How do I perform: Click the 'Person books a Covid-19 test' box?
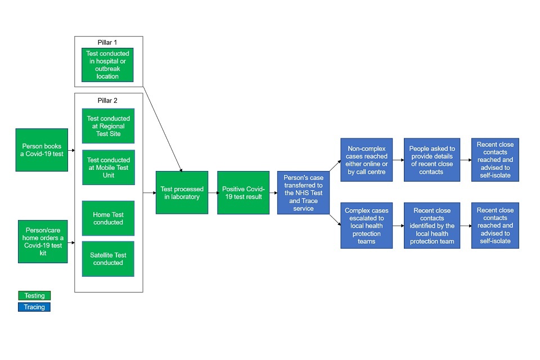point(42,150)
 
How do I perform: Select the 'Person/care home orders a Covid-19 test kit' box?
point(43,242)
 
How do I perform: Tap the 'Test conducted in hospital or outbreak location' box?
point(107,65)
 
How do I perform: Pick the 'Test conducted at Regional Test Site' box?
point(109,126)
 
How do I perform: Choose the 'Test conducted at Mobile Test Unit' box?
point(109,167)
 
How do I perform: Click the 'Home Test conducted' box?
point(109,218)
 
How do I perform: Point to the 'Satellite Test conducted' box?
point(109,259)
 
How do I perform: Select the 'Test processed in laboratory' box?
point(182,193)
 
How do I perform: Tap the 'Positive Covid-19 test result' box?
point(243,193)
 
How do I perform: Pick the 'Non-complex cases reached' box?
point(366,160)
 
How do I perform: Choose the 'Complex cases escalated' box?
point(366,226)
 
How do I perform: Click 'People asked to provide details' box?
point(432,160)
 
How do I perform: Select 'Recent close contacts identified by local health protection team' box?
point(432,226)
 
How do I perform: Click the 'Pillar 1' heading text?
point(108,42)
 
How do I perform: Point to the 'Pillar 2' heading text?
point(108,100)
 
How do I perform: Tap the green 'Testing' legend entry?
point(34,295)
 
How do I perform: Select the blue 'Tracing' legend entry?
point(34,307)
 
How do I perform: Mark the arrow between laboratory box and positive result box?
point(213,193)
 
